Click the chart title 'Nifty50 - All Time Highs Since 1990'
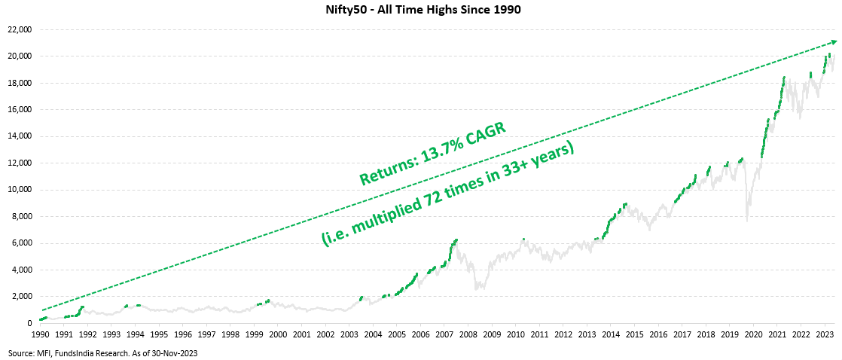(421, 10)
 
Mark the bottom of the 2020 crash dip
(746, 221)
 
